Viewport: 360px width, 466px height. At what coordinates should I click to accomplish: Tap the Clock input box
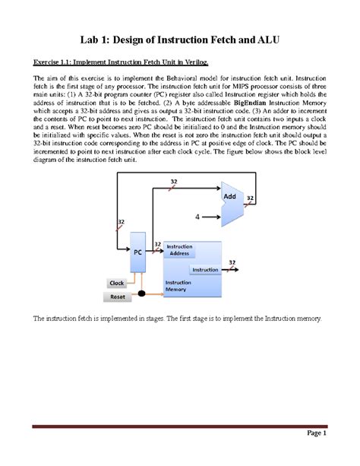(x=118, y=283)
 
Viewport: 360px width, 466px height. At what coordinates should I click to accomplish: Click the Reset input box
(x=118, y=296)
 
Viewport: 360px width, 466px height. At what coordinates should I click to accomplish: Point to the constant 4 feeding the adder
(x=197, y=216)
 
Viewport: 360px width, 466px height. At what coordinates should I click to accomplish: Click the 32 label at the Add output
(x=250, y=197)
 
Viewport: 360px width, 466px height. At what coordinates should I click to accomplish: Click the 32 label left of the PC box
(x=120, y=223)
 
